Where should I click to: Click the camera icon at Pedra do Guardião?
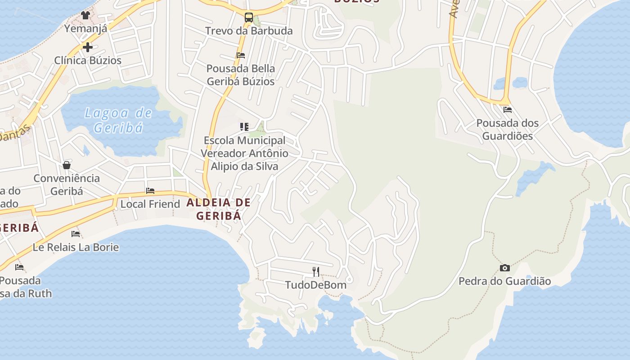coord(505,268)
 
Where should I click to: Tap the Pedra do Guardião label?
coord(504,281)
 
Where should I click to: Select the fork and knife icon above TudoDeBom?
coord(316,271)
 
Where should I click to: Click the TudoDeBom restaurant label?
coord(316,285)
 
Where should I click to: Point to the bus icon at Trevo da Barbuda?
coord(248,18)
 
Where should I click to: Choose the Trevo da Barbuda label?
coord(249,31)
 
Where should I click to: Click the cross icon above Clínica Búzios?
coord(88,47)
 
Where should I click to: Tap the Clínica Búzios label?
coord(88,60)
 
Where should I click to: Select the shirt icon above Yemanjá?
coord(85,15)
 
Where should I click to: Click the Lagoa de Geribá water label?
coord(118,120)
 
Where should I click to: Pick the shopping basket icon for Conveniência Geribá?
coord(67,165)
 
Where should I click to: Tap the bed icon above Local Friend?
coord(150,191)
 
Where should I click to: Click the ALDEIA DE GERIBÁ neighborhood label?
coord(219,209)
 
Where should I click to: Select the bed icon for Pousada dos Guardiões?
coord(508,110)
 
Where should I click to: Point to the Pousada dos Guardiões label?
coord(507,129)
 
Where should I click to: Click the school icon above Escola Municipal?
coord(244,127)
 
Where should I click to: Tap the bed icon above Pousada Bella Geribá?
coord(241,55)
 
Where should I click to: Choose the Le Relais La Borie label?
coord(76,247)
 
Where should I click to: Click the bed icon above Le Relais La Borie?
coord(76,234)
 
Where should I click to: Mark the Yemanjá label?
coord(85,29)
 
